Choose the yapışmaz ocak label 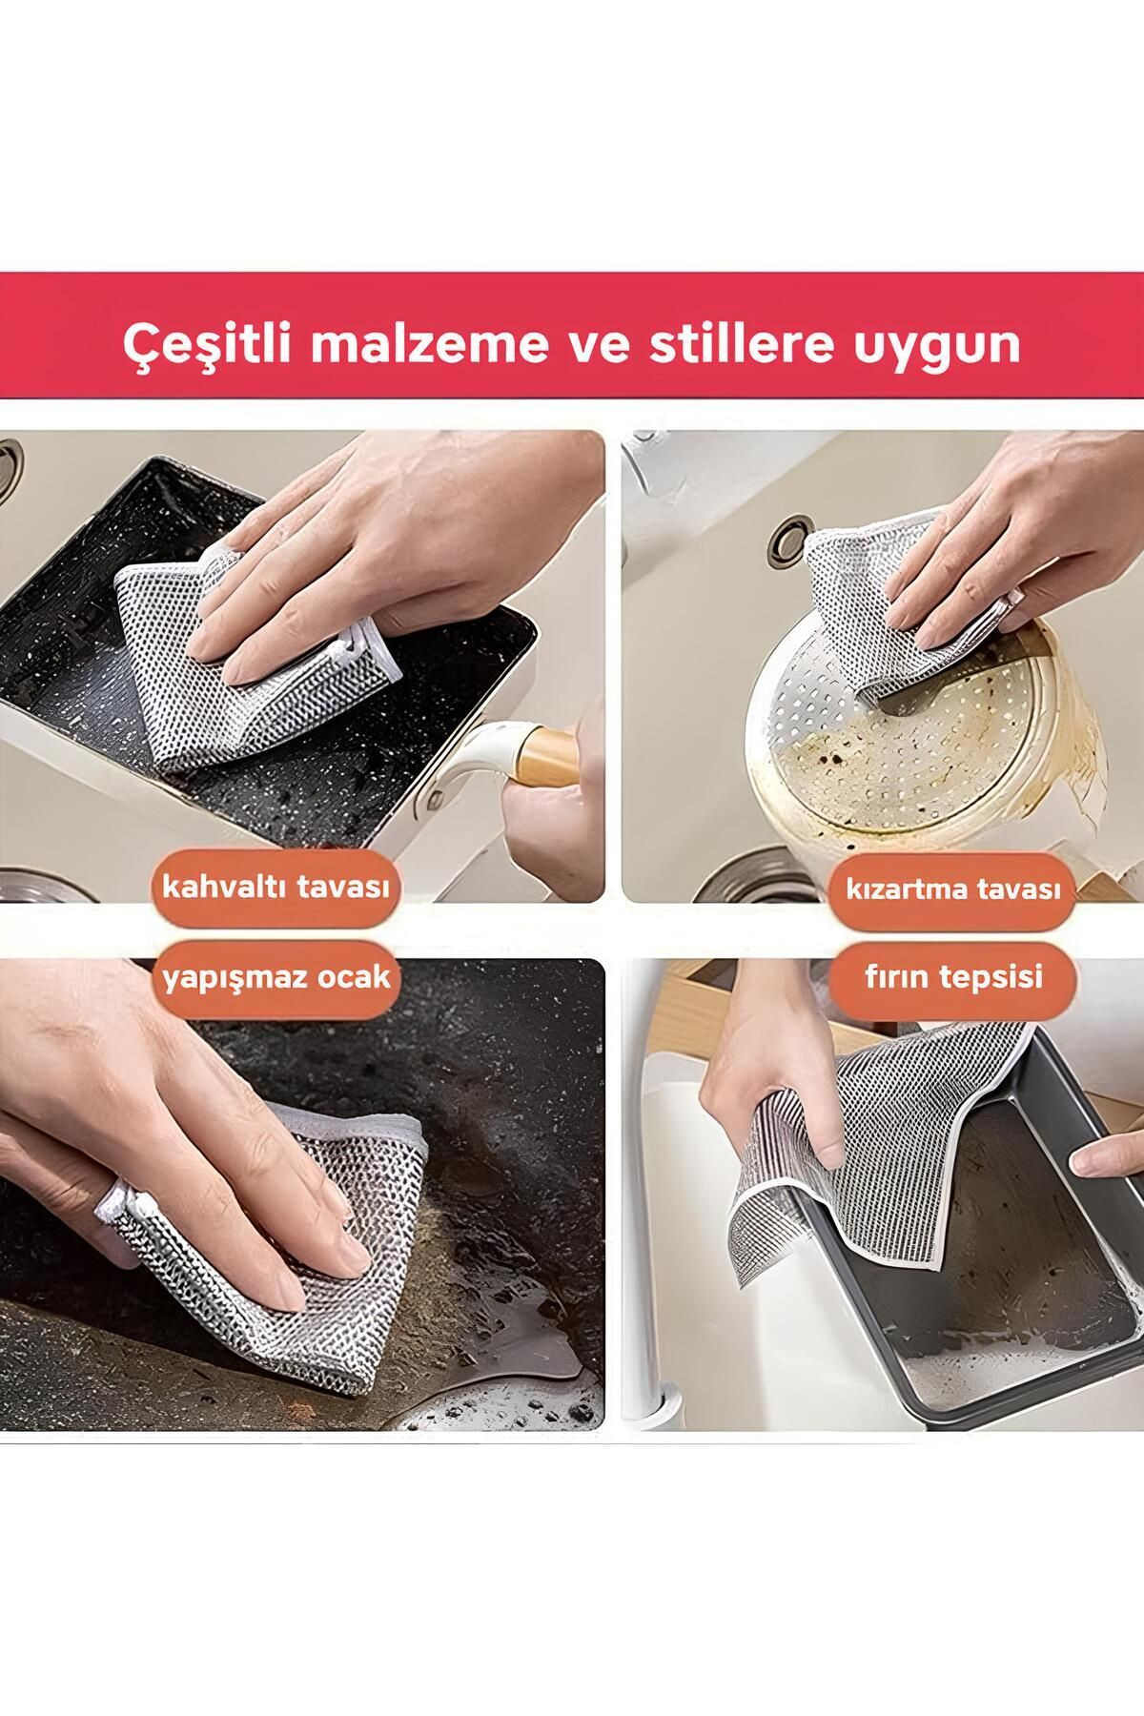pos(276,977)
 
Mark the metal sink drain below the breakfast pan pos(38,882)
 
